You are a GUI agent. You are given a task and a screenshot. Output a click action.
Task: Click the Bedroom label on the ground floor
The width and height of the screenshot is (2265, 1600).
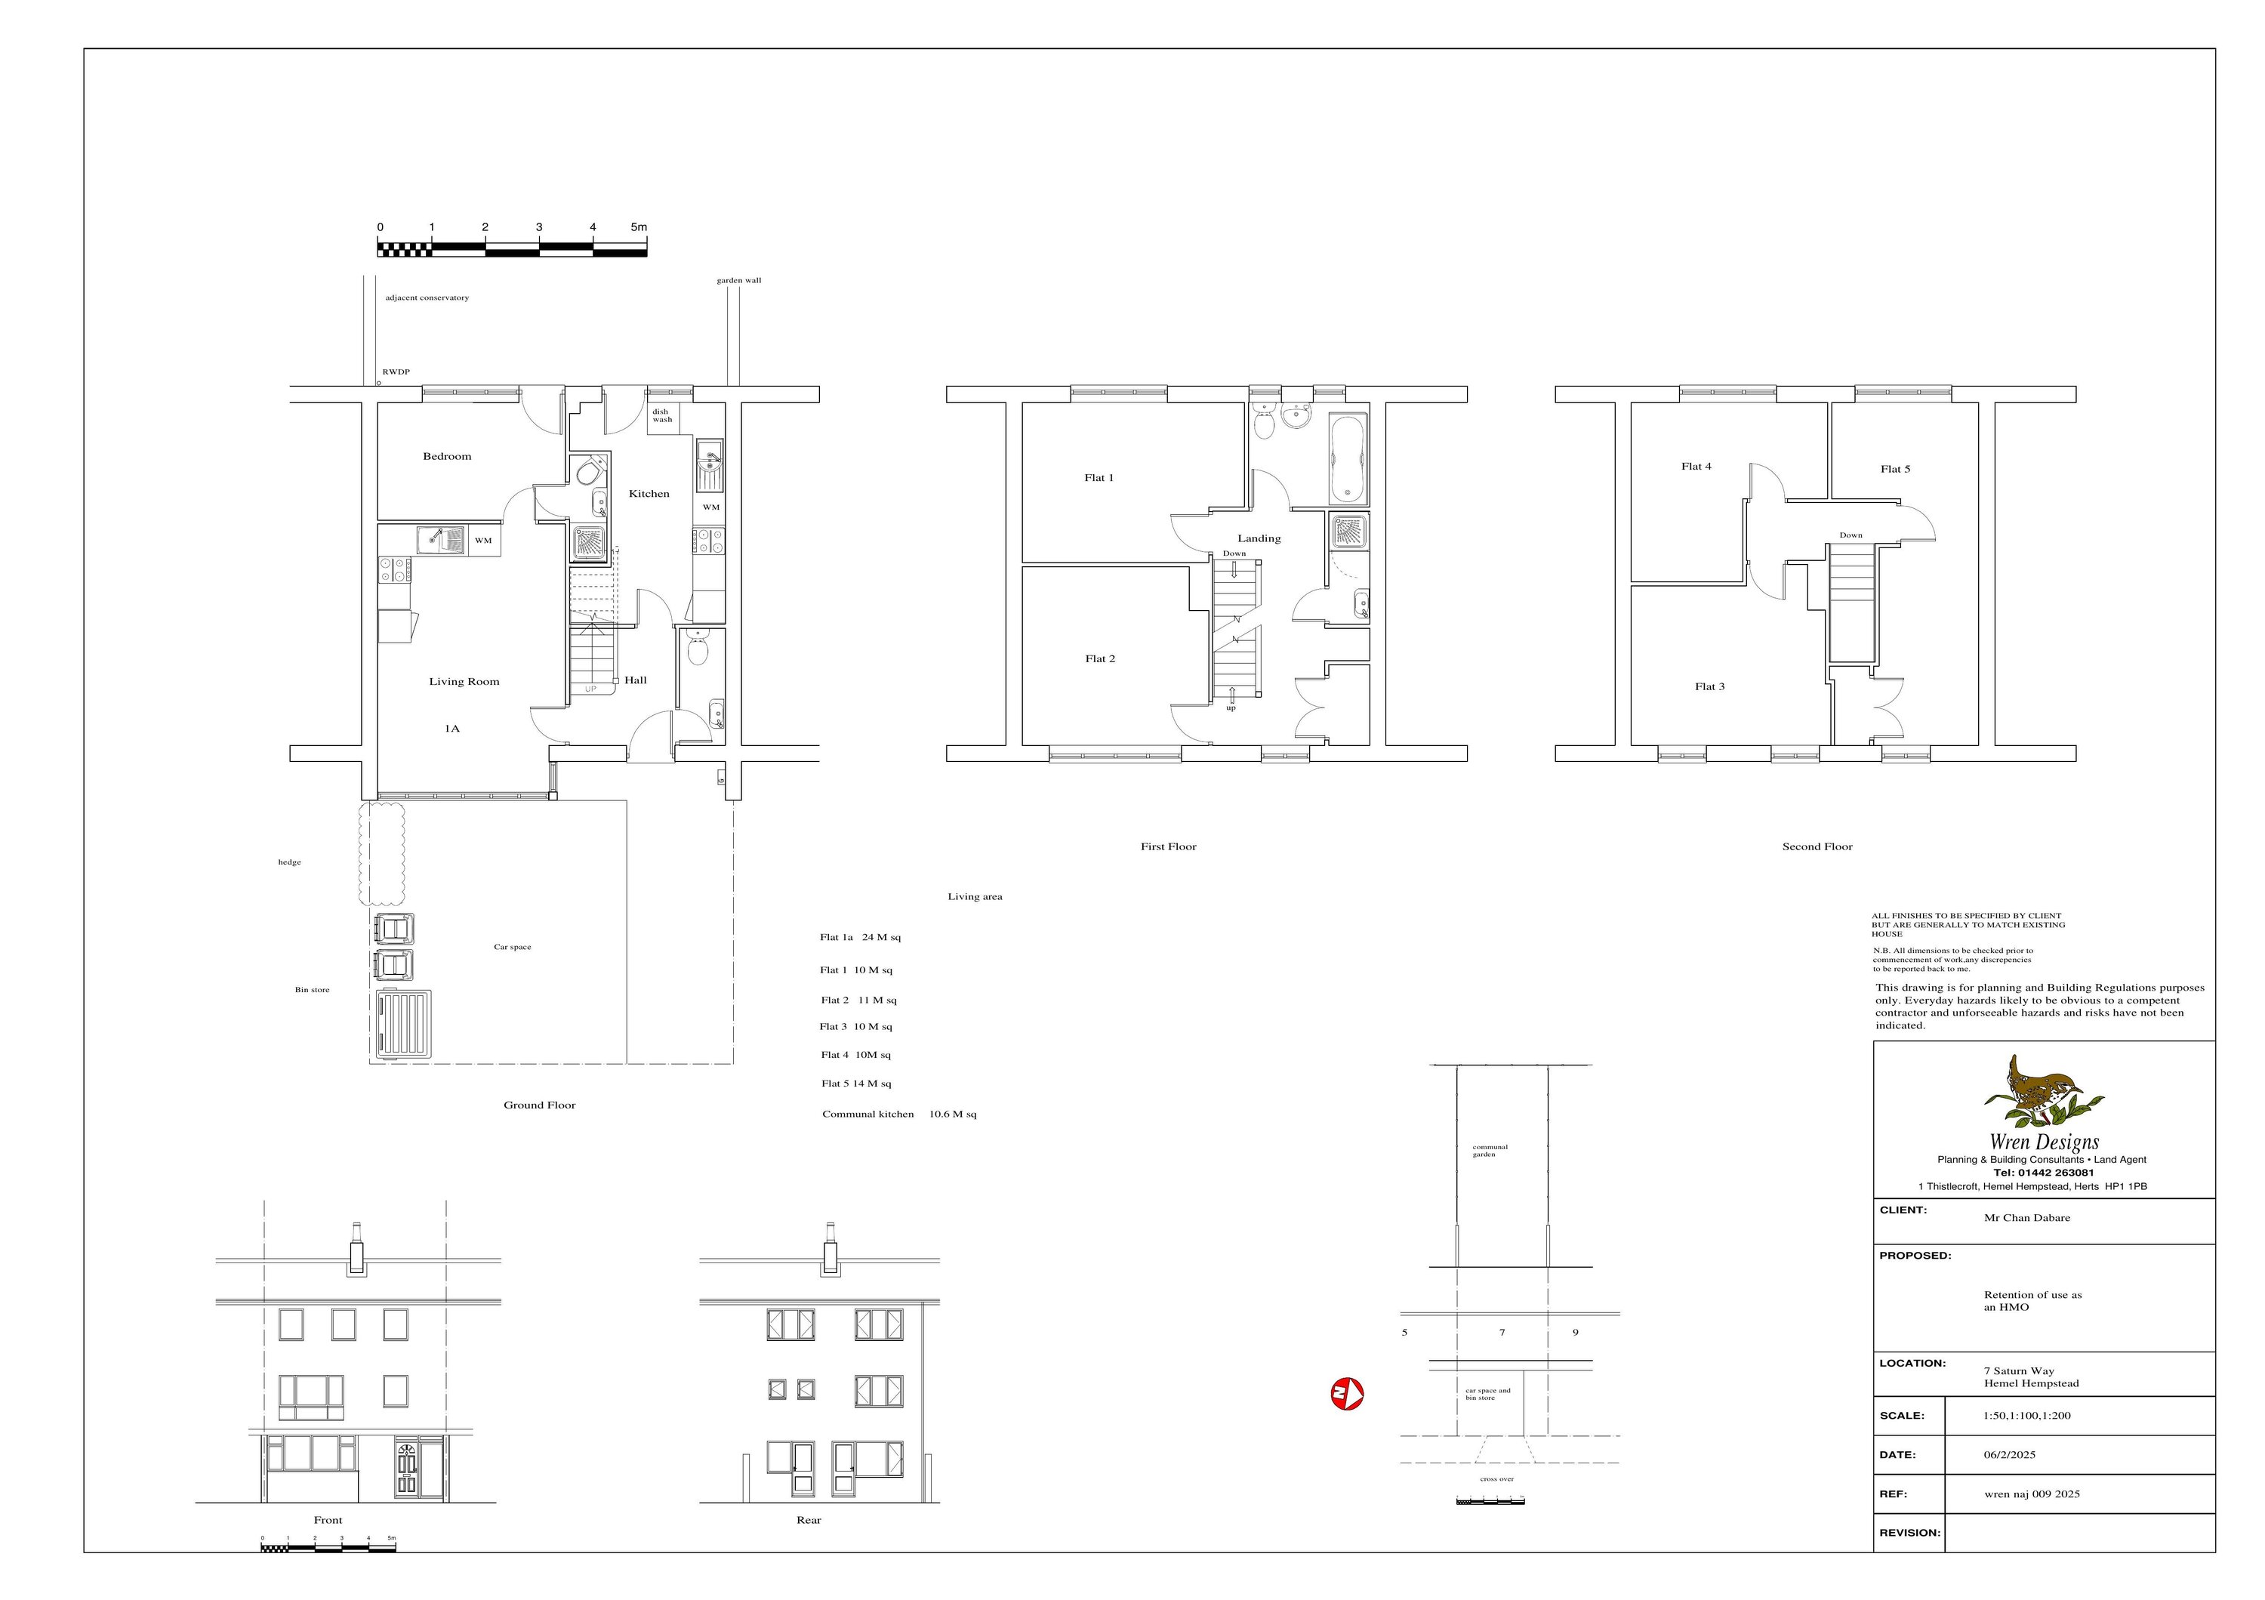click(447, 457)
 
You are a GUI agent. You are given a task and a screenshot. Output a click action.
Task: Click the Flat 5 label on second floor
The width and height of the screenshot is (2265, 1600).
click(1894, 470)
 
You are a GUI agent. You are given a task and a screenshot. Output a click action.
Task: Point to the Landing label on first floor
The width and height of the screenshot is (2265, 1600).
click(1259, 538)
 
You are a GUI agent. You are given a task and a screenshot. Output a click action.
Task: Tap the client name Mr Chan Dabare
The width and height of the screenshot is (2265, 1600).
click(2026, 1218)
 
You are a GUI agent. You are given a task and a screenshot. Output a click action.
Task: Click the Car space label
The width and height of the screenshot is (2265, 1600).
click(512, 947)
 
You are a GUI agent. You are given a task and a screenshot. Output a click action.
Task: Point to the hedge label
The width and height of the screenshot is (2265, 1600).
click(289, 862)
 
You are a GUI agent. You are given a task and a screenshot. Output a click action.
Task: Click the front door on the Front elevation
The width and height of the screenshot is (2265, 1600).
click(408, 1469)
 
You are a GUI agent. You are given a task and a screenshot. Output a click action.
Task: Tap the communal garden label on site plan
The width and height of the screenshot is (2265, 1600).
click(1490, 1150)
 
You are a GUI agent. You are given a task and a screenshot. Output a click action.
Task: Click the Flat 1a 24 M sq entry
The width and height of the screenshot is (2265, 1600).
click(859, 938)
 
